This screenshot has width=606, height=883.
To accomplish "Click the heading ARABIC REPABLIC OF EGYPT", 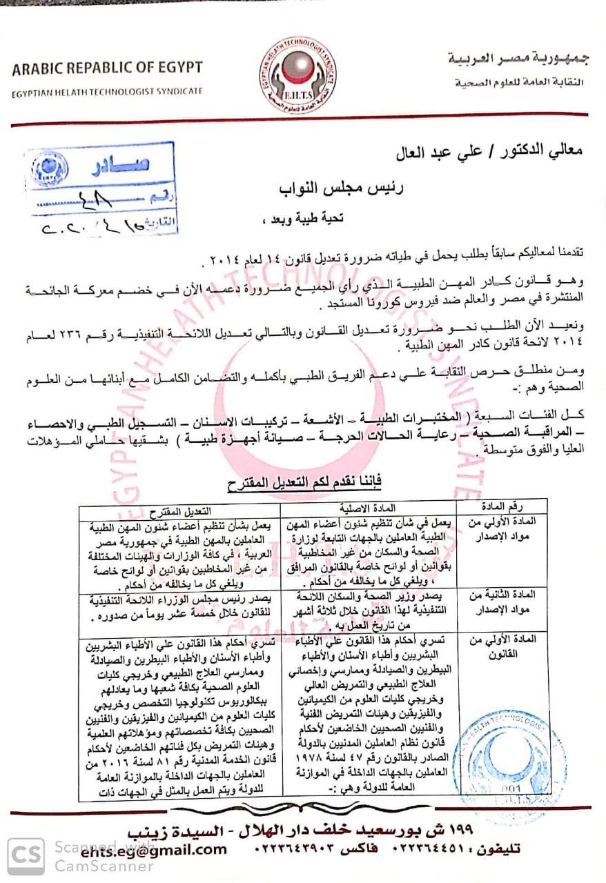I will [107, 68].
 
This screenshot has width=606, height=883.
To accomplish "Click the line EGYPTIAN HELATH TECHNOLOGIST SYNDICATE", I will [107, 90].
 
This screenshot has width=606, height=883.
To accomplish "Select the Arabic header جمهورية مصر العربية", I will [517, 60].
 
